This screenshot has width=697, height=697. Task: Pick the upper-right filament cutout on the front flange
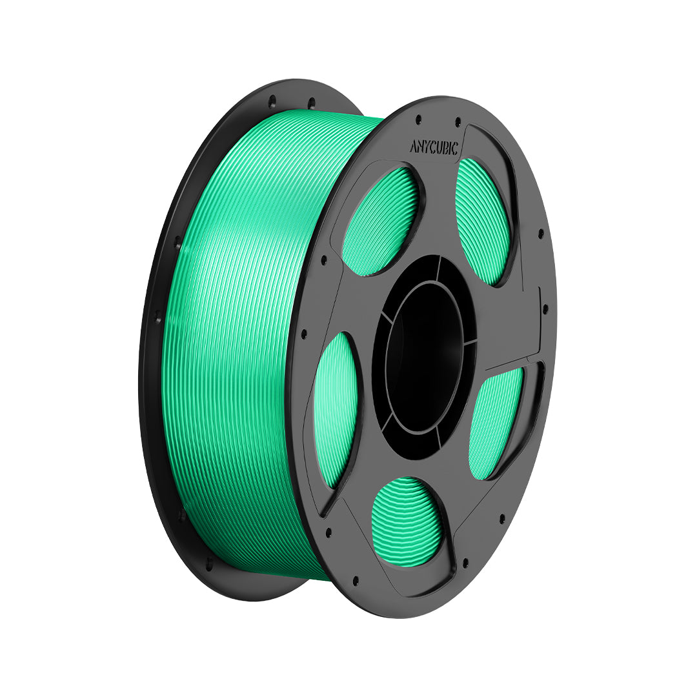tap(483, 221)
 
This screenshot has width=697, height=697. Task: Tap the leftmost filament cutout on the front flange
tap(336, 409)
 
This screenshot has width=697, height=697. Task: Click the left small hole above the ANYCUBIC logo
tap(418, 119)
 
